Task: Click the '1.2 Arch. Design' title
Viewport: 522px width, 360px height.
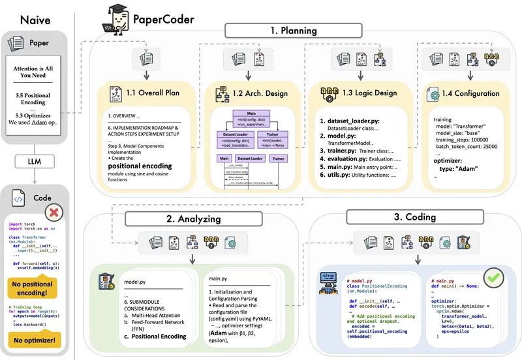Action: pyautogui.click(x=258, y=93)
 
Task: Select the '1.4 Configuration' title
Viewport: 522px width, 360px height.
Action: pyautogui.click(x=470, y=93)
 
